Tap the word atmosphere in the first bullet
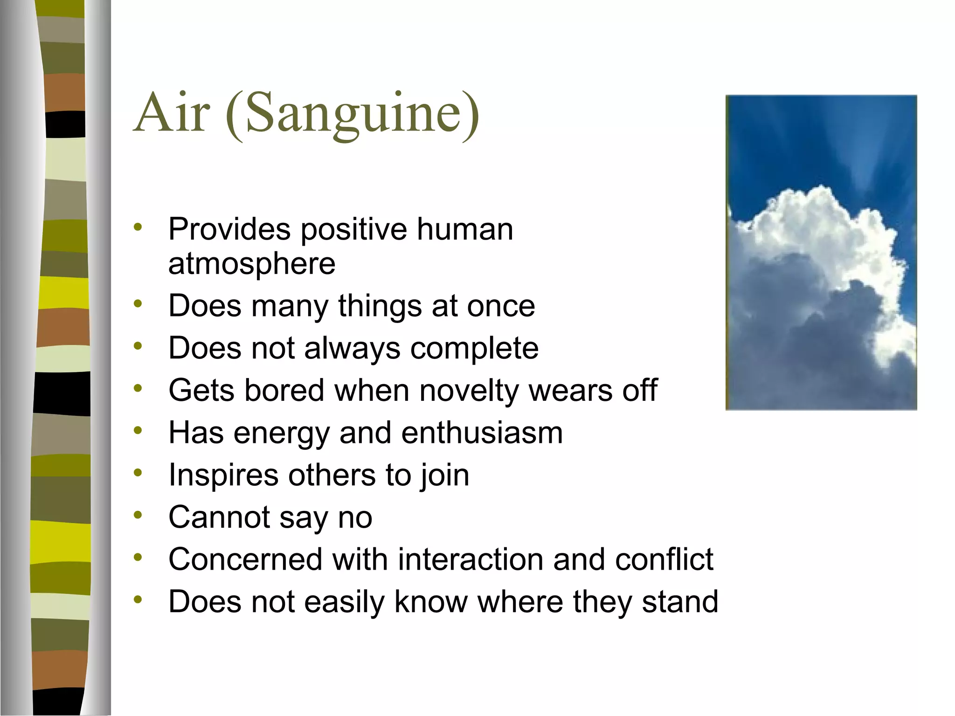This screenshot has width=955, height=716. point(252,264)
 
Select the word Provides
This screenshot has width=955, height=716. point(229,229)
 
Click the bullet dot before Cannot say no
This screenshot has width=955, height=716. point(138,515)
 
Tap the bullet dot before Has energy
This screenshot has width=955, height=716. point(138,430)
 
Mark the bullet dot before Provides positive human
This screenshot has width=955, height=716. point(138,227)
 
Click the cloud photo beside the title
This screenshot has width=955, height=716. point(821,252)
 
